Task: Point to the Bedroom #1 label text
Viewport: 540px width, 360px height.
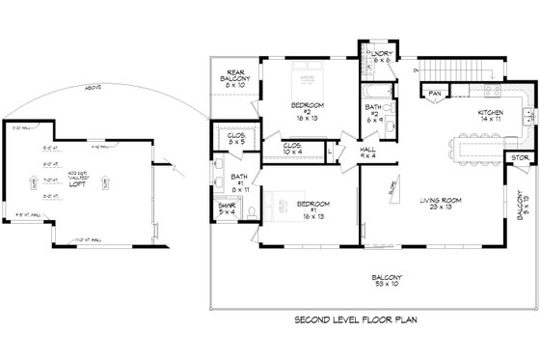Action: pos(314,208)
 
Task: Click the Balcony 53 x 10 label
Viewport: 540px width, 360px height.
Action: pos(377,281)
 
